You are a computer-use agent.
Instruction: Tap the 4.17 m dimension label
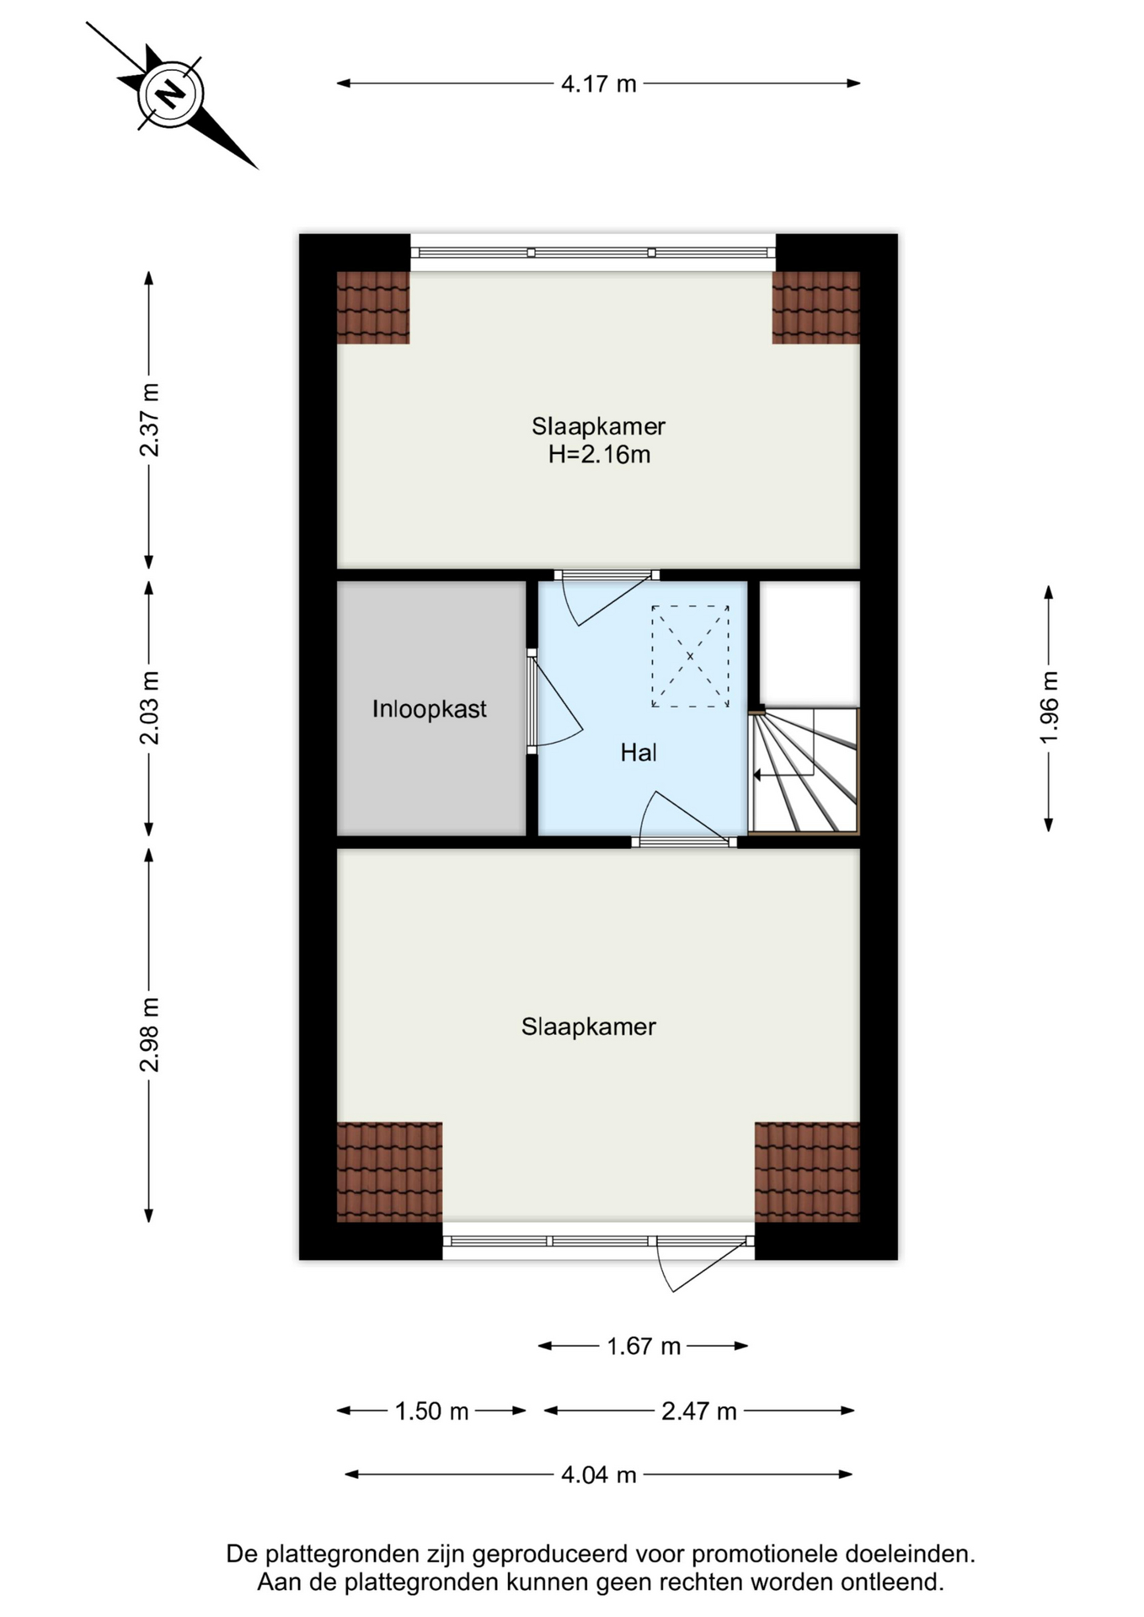[x=599, y=84]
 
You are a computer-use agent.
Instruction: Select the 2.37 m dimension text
[x=149, y=420]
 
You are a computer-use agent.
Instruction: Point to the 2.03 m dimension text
[x=149, y=708]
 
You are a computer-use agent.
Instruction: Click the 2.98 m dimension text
[x=149, y=1035]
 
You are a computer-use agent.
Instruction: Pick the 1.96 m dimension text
[x=1049, y=707]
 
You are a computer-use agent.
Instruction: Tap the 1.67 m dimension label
[x=644, y=1347]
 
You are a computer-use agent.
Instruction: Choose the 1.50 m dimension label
[x=431, y=1412]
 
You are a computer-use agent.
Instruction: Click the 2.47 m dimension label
[x=698, y=1412]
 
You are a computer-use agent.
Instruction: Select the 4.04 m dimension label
[x=599, y=1476]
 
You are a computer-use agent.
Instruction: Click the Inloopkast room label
[x=430, y=709]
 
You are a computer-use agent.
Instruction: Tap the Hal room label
[x=639, y=753]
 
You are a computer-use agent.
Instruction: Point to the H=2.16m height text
[x=599, y=455]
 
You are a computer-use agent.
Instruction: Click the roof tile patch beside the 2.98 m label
[x=389, y=1171]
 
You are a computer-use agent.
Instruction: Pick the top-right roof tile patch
[x=815, y=307]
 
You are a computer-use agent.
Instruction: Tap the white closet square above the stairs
[x=810, y=644]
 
